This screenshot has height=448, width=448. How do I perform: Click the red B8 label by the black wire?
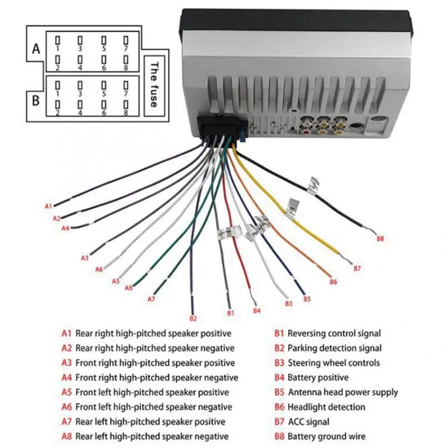point(380,239)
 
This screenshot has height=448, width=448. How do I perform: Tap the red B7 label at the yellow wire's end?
point(357,269)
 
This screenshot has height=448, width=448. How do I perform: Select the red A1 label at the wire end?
point(48,206)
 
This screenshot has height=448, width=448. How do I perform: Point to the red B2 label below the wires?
point(193,318)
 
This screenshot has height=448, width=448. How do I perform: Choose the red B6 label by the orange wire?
point(333,282)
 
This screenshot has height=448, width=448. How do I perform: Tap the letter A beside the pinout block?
point(35,49)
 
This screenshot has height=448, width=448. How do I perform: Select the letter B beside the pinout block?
point(35,101)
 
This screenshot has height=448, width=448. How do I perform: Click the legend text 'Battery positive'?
point(318,377)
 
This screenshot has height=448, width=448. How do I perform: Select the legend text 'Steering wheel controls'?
point(334,363)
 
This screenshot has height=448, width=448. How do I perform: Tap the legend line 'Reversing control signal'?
point(334,334)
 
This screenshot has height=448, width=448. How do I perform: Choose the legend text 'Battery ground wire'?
point(326,437)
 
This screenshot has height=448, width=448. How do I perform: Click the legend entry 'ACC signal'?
point(309,422)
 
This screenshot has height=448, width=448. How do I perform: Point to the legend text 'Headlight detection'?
point(326,407)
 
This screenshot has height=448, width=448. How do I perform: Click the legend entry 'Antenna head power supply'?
point(342,392)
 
